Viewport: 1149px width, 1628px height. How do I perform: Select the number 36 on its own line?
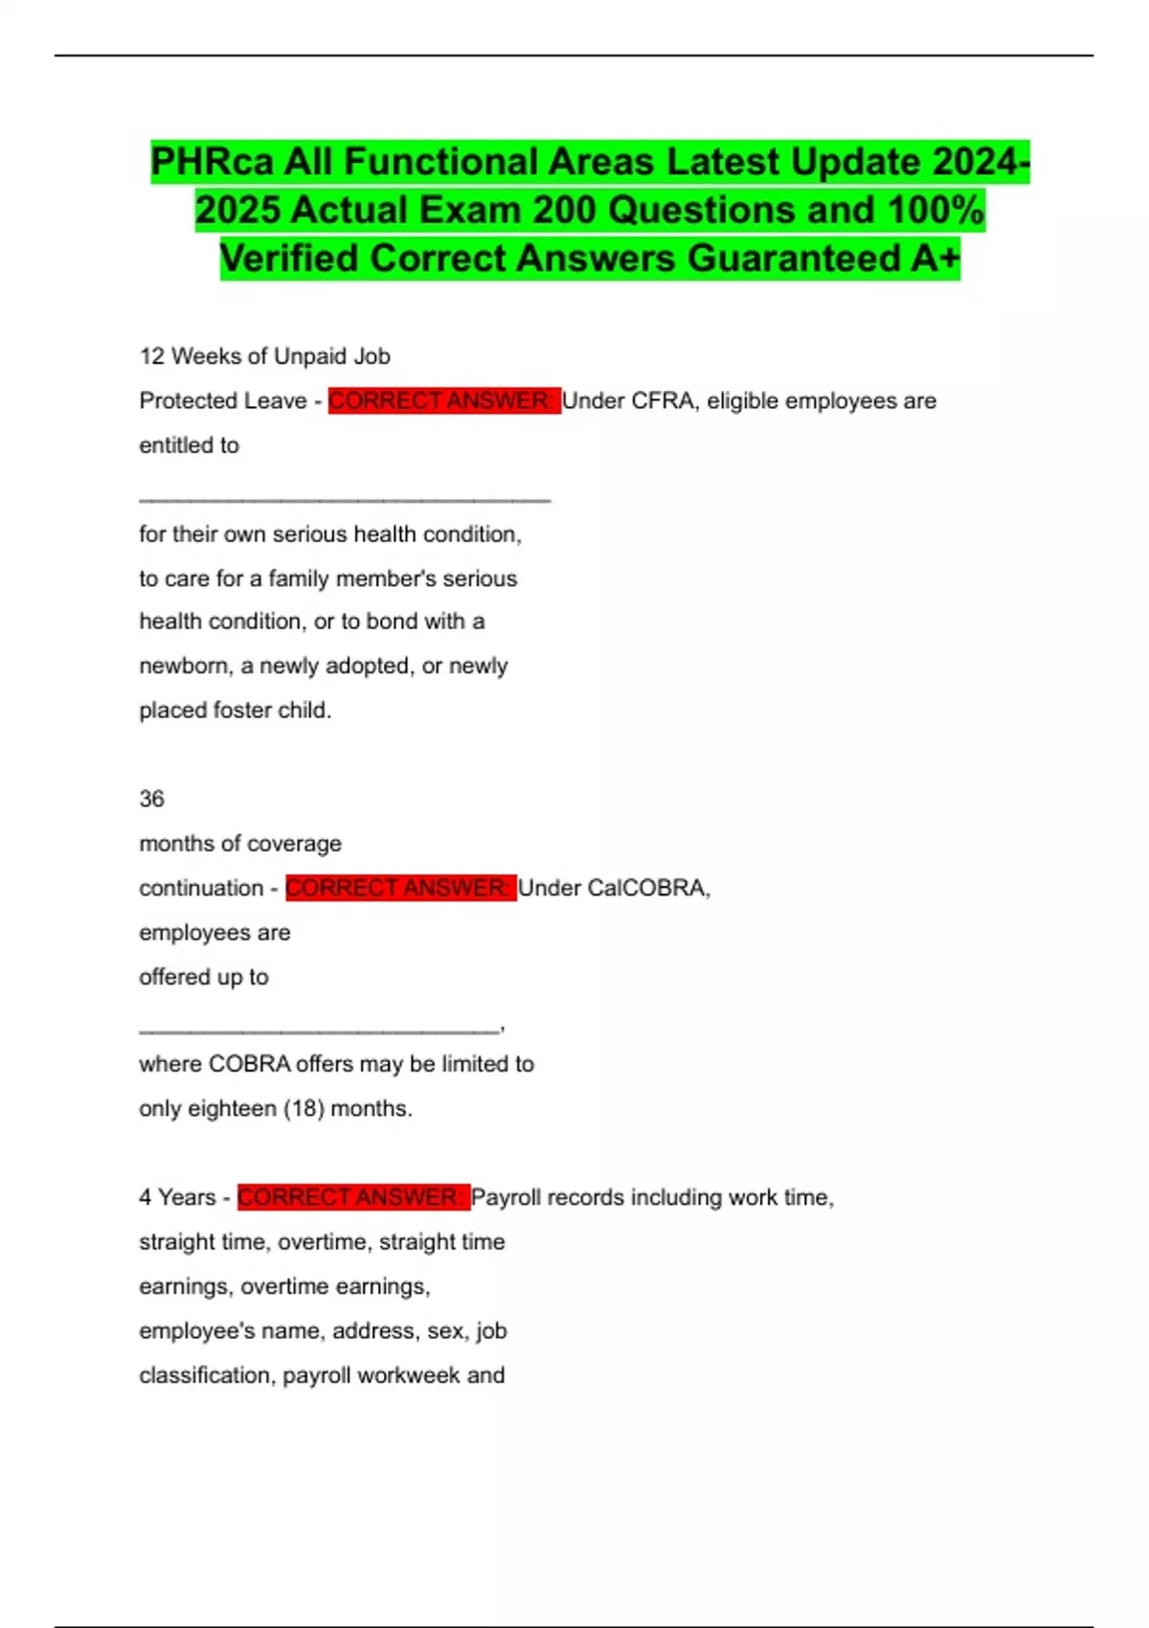point(151,799)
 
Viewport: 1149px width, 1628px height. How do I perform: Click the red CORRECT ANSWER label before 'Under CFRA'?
point(442,401)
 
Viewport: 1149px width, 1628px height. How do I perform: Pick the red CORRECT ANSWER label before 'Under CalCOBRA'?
point(399,889)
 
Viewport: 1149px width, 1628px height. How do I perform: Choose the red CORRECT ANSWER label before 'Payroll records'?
point(352,1198)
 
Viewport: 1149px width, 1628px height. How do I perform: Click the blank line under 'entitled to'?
point(345,499)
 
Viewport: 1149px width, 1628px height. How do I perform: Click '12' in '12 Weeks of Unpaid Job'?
point(151,357)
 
